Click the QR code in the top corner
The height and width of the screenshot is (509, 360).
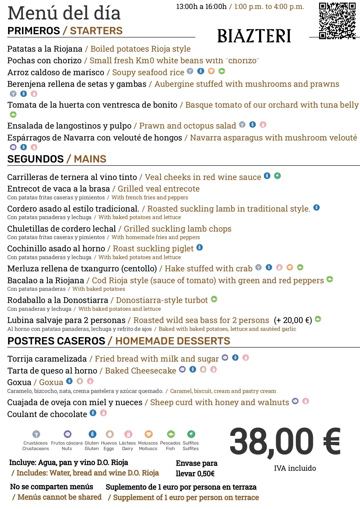(x=337, y=21)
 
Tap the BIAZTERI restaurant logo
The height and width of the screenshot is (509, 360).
(x=254, y=36)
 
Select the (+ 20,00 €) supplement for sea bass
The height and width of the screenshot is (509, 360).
(x=293, y=320)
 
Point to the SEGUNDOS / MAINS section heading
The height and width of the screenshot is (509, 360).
(x=57, y=159)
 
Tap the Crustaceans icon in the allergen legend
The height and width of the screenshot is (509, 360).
(x=36, y=434)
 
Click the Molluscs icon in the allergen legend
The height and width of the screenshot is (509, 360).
(x=149, y=434)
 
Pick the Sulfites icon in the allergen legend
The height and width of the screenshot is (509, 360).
(x=191, y=434)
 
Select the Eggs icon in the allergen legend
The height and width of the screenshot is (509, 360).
(x=109, y=434)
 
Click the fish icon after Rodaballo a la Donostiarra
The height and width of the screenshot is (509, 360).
(x=214, y=299)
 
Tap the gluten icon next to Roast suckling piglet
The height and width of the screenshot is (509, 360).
(x=200, y=248)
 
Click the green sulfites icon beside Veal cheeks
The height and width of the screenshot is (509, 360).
(x=277, y=176)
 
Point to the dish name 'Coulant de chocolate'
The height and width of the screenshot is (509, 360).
(x=47, y=414)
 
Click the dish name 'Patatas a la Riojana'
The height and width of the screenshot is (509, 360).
(x=45, y=49)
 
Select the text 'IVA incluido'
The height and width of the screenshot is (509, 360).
(x=295, y=468)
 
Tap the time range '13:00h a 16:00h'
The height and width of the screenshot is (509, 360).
(x=201, y=7)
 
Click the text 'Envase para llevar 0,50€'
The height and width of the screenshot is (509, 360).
(x=196, y=468)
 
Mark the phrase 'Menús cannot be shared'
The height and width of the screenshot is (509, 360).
(x=59, y=497)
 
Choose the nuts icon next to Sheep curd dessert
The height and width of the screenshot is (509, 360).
(x=295, y=401)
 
